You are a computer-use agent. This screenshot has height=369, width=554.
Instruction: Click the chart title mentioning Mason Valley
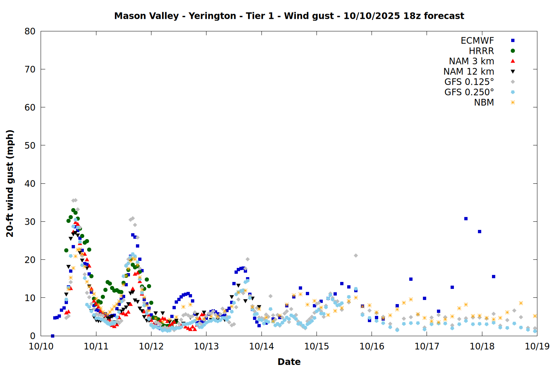289,16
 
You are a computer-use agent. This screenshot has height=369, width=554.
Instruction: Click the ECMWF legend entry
477,41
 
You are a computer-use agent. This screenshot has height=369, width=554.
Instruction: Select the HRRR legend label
481,51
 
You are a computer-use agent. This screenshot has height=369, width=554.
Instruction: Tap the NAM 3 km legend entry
471,61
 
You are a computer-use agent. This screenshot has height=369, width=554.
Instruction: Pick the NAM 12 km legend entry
469,72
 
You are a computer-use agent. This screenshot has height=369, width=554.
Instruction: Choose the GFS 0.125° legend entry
469,82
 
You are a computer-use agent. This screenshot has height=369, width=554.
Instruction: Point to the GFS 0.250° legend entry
469,92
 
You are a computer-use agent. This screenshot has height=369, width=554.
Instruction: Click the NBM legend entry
484,103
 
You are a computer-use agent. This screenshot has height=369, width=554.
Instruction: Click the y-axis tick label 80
30,31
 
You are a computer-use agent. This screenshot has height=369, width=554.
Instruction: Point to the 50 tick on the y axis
30,145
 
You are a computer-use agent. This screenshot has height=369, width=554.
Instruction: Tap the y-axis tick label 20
30,260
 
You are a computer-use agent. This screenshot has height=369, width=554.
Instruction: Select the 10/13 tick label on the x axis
206,346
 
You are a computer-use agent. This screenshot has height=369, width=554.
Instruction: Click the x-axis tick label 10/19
537,346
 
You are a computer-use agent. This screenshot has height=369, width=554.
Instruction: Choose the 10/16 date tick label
372,346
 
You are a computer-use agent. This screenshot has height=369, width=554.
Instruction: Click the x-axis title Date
289,362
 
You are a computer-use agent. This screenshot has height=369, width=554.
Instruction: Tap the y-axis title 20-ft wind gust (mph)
10,183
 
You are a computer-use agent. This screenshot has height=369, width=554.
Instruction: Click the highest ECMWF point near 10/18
466,219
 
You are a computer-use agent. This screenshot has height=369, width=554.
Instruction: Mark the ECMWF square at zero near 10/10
52,336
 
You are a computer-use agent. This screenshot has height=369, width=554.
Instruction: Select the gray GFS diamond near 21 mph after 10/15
356,255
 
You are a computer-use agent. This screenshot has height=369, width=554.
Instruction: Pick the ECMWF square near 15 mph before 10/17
411,279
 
